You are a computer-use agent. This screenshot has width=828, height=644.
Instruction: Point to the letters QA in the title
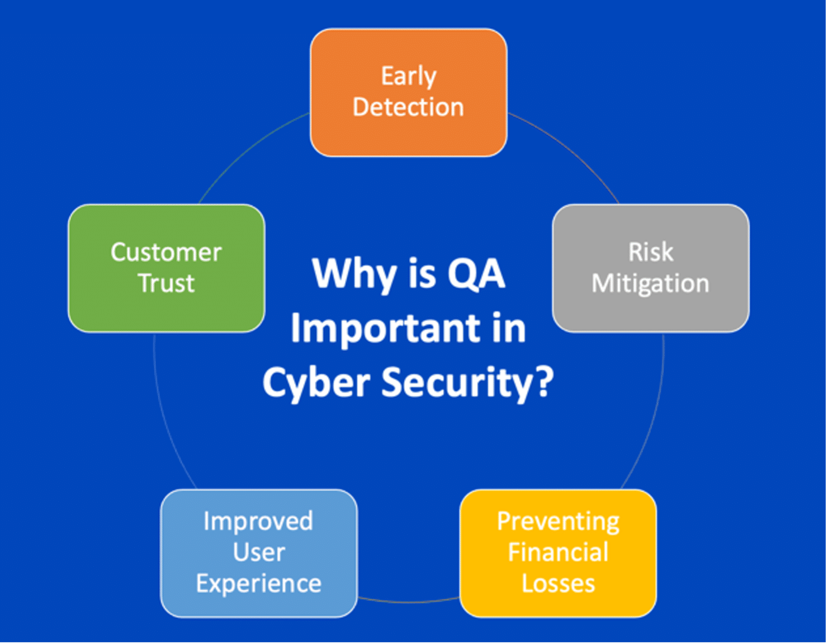(476, 274)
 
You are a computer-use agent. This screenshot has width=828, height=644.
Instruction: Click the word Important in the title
(385, 328)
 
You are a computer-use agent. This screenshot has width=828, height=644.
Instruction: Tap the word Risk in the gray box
(650, 252)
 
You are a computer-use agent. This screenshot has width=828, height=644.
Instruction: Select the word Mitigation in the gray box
(650, 283)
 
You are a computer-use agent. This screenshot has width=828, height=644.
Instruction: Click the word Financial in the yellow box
(558, 553)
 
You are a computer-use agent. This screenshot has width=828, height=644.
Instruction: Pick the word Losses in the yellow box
(558, 584)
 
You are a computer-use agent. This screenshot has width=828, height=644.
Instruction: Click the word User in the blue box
(258, 553)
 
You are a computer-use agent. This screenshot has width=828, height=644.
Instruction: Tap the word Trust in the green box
(166, 283)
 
